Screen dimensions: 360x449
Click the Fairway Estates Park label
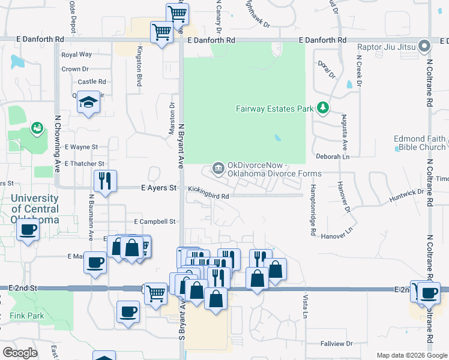click(x=275, y=109)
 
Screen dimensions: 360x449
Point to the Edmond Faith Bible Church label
click(x=420, y=143)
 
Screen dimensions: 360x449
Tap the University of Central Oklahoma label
click(x=34, y=209)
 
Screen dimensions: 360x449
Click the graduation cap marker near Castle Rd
click(x=88, y=102)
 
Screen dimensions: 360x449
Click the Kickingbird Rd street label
click(x=208, y=196)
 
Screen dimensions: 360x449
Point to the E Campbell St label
click(x=154, y=221)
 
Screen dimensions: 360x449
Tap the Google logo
click(x=20, y=353)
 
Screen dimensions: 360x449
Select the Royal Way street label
click(x=76, y=55)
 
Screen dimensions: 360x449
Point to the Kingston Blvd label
click(x=139, y=67)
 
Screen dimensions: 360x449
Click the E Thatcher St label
click(x=84, y=163)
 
